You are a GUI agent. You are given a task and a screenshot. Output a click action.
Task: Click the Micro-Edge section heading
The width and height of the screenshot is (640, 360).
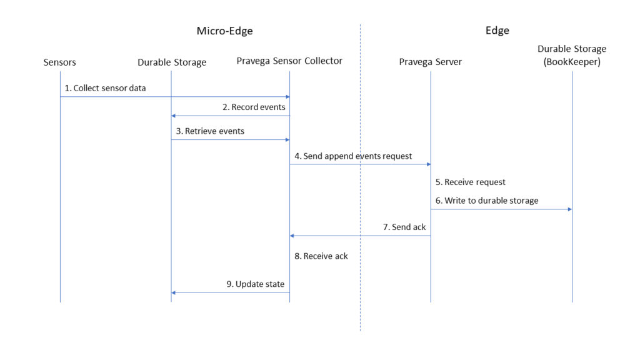[x=224, y=31]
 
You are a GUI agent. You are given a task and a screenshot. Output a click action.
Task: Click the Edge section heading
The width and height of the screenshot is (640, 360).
[x=497, y=31]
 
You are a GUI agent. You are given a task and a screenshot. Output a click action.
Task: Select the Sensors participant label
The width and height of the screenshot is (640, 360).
[x=59, y=62]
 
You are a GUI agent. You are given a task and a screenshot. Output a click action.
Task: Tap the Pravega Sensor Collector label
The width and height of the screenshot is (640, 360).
[x=289, y=61]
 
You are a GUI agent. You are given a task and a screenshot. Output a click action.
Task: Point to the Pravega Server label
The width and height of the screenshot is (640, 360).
[x=430, y=62]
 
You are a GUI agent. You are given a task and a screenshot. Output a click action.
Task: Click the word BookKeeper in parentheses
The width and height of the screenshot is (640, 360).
[x=572, y=62]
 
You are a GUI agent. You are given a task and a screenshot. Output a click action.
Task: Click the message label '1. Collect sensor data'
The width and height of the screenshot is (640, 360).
[x=105, y=88]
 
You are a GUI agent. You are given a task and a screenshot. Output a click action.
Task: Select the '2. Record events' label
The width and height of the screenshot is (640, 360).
[x=254, y=107]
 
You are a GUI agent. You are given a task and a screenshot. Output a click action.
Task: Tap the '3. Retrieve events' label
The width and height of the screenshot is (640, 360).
[x=210, y=131]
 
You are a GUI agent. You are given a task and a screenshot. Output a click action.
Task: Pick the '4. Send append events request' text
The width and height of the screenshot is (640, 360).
[x=354, y=156]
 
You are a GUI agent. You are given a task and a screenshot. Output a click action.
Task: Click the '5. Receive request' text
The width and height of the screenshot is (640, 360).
[x=470, y=182]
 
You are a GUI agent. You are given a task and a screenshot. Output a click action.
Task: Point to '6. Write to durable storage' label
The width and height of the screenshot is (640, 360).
[x=487, y=201]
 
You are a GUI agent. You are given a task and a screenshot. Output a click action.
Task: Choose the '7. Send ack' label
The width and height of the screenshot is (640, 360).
[x=404, y=227]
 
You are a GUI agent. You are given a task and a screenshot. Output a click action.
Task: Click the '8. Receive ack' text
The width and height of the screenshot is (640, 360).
[x=321, y=256]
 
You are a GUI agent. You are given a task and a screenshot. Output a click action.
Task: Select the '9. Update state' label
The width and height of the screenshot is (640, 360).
[x=256, y=284]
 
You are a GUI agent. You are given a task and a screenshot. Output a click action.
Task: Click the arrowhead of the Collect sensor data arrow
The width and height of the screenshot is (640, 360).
[x=287, y=97]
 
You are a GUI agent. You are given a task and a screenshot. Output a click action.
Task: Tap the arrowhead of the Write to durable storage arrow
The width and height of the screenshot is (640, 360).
[x=570, y=209]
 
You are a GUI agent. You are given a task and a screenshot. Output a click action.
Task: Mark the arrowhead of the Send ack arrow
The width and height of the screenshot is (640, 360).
[x=292, y=236]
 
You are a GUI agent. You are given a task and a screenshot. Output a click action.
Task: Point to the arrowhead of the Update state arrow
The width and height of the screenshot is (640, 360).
[x=174, y=292]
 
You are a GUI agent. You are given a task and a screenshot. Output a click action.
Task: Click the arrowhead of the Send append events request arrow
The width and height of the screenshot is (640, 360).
[x=429, y=164]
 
